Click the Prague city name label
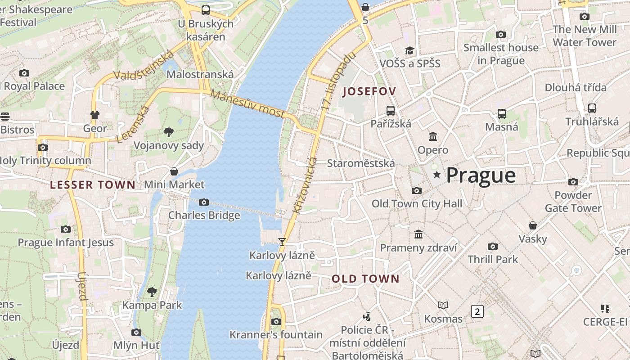click(481, 175)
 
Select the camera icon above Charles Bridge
click(204, 202)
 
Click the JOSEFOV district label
click(369, 92)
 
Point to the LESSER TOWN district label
click(93, 185)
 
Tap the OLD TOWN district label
click(365, 279)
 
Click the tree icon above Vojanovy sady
click(169, 132)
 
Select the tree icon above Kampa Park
click(152, 292)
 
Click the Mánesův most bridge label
click(247, 104)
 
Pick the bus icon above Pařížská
click(391, 110)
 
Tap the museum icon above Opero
click(433, 136)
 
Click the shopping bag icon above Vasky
click(533, 225)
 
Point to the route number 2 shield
click(477, 311)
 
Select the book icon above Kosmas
click(443, 306)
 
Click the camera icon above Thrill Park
click(493, 246)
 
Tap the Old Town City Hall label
click(417, 204)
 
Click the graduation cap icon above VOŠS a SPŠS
click(409, 50)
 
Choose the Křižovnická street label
click(305, 185)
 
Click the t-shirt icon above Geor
click(94, 115)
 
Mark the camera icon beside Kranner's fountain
click(276, 321)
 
